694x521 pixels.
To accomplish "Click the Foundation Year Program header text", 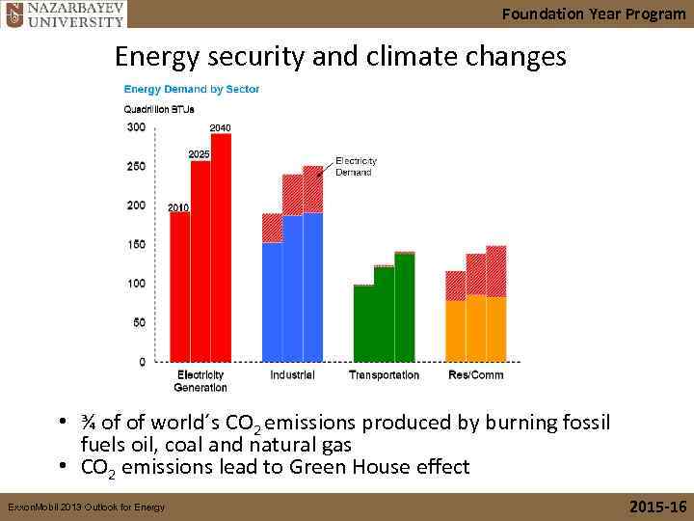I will point(594,14).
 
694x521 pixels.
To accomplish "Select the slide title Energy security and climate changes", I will point(340,57).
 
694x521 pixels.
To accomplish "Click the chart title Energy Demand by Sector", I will point(191,90).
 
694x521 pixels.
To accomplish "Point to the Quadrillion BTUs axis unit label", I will point(159,109).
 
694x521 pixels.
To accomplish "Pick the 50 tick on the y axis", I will point(138,323).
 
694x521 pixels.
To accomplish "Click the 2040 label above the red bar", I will point(220,127).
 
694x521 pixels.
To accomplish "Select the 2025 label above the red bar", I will point(199,154).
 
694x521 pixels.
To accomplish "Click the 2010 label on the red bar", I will point(178,207).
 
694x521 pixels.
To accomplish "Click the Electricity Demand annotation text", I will point(356,166).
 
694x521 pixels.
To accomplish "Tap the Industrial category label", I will point(292,375).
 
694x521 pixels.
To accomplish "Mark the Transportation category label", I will point(384,375).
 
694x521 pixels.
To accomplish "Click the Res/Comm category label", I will point(475,375).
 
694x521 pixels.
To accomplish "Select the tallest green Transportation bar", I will point(405,307).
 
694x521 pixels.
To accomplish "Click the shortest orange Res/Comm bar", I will point(456,330).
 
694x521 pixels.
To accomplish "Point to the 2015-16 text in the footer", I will point(657,507).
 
